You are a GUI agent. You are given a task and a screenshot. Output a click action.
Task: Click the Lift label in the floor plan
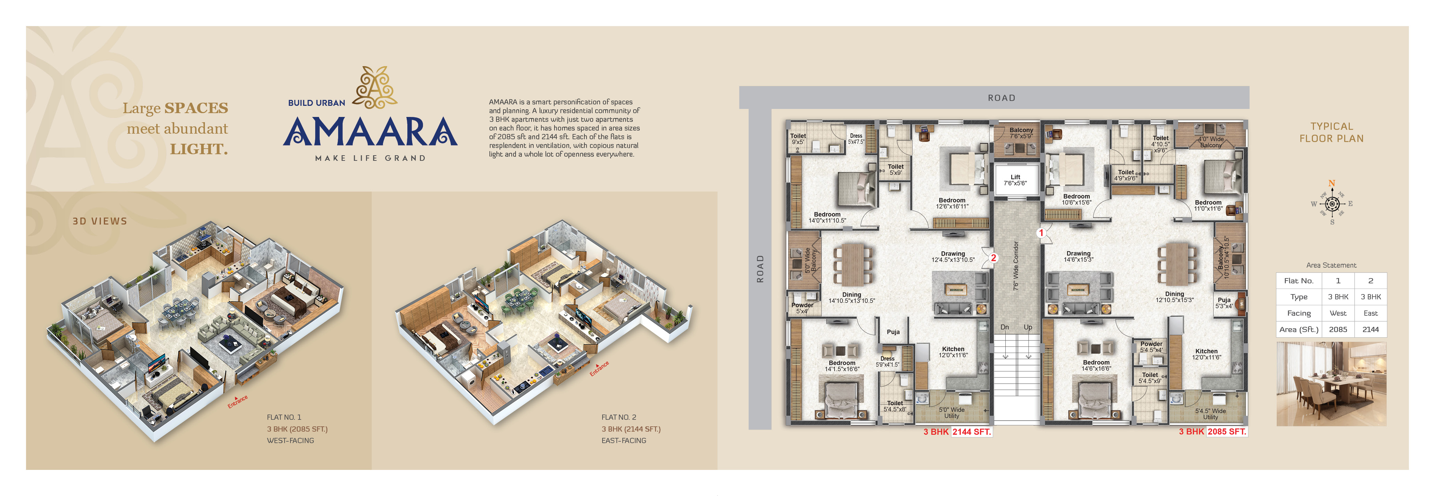1015,180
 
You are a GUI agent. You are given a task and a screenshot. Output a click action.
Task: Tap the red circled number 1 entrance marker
1041,233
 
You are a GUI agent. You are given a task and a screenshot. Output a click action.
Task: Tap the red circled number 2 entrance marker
993,258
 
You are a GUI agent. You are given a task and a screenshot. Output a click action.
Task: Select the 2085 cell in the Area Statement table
1338,329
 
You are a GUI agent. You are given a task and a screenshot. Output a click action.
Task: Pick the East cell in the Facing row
1370,313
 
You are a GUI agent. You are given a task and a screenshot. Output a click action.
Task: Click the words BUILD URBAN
317,103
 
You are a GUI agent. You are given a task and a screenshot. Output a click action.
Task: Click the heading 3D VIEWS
100,221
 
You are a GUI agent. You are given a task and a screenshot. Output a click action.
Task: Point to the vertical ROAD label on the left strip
760,269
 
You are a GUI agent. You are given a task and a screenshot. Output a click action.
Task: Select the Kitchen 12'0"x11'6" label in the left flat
953,352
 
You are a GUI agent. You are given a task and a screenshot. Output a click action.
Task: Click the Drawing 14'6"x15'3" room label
1078,257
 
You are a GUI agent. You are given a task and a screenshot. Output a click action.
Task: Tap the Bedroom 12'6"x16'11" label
952,203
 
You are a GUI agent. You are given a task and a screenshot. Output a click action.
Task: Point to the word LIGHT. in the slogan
199,149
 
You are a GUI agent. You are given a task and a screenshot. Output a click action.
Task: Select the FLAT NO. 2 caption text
618,417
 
